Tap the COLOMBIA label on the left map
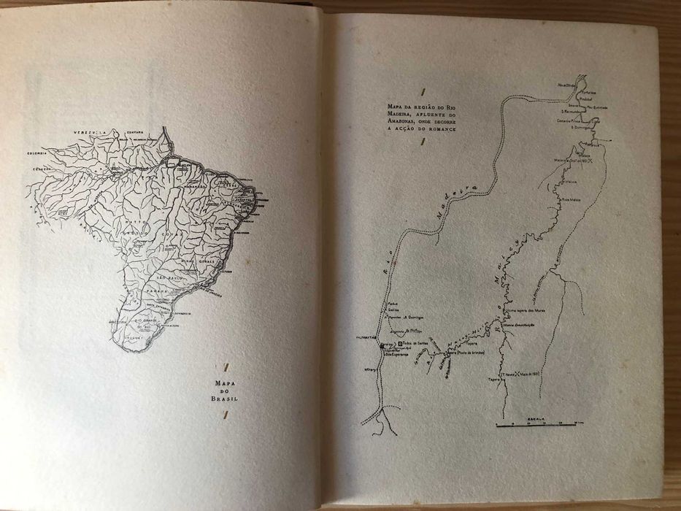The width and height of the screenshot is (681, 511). [37, 153]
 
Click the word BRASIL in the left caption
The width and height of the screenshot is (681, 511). [225, 399]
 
